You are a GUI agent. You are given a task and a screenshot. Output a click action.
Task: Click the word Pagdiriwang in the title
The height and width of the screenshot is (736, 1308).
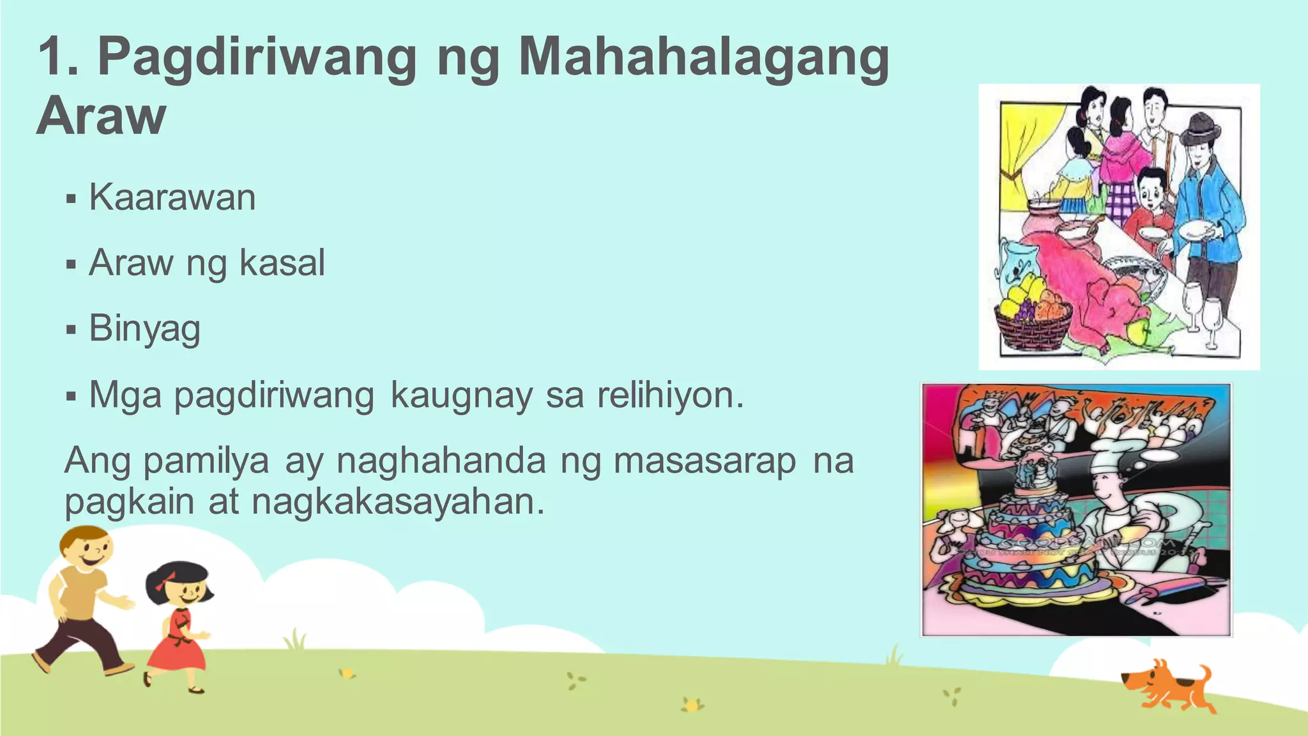click(257, 58)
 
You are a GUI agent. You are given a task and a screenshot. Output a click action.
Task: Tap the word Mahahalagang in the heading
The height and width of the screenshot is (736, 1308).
click(703, 58)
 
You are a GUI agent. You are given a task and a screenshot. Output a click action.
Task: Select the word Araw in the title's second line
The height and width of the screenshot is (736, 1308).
click(102, 116)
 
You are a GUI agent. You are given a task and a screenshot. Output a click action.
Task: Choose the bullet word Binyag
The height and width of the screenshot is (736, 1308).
click(145, 328)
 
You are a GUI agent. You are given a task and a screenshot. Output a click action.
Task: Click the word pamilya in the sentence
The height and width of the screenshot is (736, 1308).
click(206, 461)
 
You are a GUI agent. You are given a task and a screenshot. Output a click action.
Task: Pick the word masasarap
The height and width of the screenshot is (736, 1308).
click(704, 461)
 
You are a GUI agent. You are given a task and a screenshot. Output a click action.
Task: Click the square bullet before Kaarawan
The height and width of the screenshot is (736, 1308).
click(71, 199)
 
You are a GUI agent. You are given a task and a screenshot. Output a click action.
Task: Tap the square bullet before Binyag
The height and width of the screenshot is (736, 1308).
click(71, 330)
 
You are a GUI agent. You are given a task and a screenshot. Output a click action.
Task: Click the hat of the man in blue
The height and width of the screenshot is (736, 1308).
click(1200, 128)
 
